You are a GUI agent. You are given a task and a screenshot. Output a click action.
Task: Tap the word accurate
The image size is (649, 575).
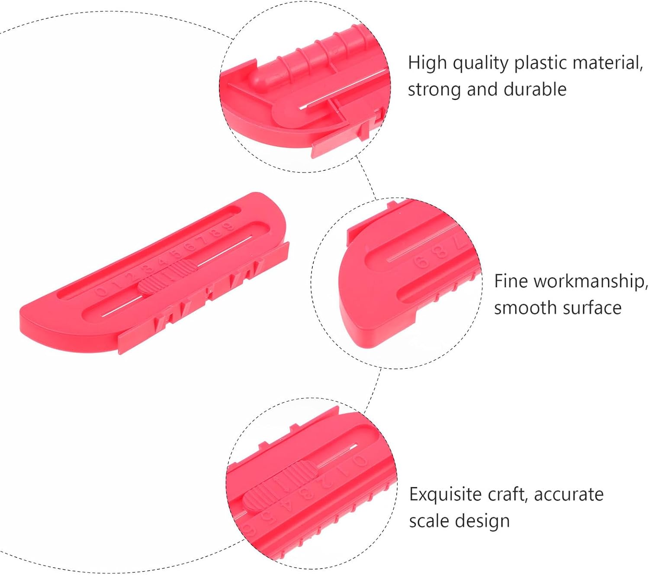[x=569, y=494]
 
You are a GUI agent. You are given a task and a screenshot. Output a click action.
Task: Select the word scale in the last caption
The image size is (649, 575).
[x=428, y=521]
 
